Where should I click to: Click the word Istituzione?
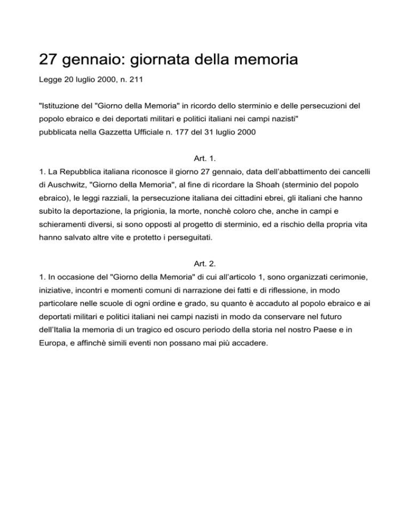(x=62, y=107)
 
